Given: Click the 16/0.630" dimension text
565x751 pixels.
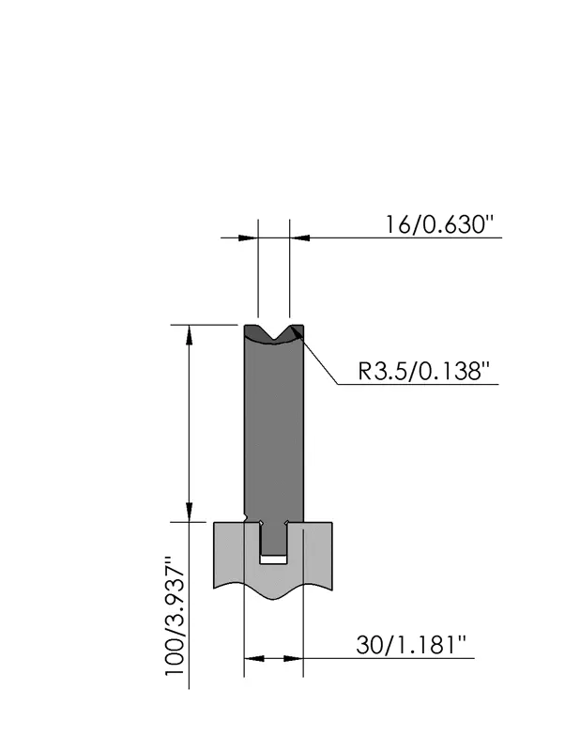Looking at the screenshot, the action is coord(439,224).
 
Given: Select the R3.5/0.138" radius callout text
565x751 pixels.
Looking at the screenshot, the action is coord(425,371).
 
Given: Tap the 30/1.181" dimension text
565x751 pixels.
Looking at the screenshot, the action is coord(411,645).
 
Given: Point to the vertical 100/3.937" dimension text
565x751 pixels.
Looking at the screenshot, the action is coord(175,616).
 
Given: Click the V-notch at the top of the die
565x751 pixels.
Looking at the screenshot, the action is coord(273,333).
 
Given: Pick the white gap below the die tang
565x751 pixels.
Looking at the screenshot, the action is coord(273,559).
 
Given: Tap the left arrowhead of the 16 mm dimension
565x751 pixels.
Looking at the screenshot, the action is coord(249,238).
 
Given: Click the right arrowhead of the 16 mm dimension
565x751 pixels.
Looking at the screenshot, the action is coord(299,238).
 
